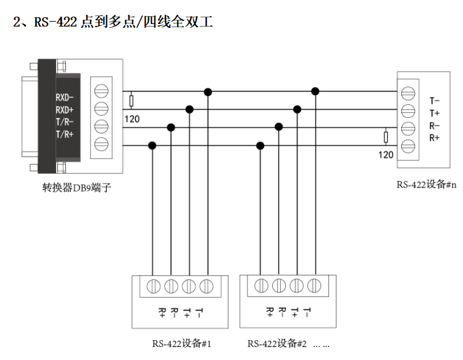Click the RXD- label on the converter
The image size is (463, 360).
[x=65, y=98]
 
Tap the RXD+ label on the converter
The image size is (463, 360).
[x=65, y=110]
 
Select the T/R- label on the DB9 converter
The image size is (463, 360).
[x=65, y=122]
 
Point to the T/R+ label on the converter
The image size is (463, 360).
[x=65, y=135]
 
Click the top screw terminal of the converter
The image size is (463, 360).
[x=101, y=91]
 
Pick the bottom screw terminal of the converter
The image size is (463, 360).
[x=101, y=144]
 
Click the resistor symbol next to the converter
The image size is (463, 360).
[x=131, y=101]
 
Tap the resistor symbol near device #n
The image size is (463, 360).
[x=386, y=137]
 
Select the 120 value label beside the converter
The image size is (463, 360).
[x=132, y=119]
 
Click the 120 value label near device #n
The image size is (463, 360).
[x=386, y=155]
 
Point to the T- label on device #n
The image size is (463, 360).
[x=435, y=101]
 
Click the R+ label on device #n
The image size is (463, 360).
[x=435, y=138]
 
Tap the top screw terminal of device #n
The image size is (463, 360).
[x=408, y=93]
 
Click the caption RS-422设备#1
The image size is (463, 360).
[x=181, y=343]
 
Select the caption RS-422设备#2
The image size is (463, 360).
[x=277, y=343]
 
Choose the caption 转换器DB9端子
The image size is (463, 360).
[x=77, y=188]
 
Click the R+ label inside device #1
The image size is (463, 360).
[x=162, y=312]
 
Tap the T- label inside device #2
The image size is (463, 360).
[x=307, y=312]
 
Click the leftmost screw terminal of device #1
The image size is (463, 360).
[x=154, y=286]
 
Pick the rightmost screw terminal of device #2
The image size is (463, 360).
[x=314, y=285]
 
